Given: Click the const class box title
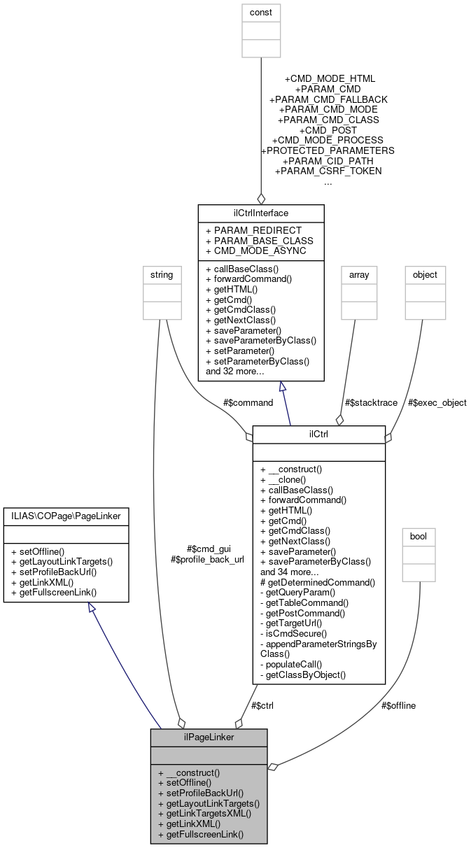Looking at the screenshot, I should tap(261, 13).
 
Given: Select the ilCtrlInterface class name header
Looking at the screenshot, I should tap(261, 213).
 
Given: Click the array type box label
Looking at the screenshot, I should tap(359, 275).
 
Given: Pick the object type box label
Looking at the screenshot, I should tap(425, 275).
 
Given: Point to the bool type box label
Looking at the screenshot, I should tap(419, 537).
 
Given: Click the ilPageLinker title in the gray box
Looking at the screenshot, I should tap(209, 737).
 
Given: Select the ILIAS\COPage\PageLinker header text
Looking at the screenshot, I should tap(66, 516).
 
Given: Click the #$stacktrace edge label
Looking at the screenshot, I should tap(372, 402).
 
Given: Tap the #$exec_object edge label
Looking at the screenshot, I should tap(437, 402).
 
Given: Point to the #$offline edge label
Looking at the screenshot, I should tap(399, 705).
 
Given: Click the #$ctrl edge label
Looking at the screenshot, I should tap(260, 705).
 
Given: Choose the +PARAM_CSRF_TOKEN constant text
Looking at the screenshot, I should tap(328, 171).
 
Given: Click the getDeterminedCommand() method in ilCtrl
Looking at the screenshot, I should tap(317, 581).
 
